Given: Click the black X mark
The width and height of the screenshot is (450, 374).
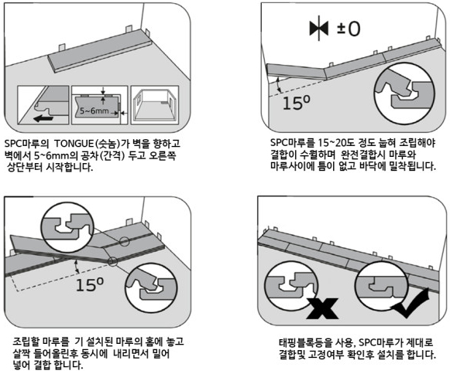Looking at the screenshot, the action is [322, 308].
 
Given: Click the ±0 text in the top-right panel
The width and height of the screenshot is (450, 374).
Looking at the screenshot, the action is [349, 29].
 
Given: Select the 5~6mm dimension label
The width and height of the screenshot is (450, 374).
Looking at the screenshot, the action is [94, 110].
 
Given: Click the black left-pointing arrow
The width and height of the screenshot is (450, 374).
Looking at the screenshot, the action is [43, 118].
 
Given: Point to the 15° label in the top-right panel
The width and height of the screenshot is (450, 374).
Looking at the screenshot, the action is [297, 102].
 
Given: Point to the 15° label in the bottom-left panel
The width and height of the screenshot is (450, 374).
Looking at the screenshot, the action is [89, 284].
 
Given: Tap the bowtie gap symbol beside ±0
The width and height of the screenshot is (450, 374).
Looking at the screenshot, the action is [319, 29].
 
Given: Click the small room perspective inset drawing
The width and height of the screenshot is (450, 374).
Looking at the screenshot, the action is [155, 105].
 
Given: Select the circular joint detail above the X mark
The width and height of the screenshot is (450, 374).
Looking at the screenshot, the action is [291, 287].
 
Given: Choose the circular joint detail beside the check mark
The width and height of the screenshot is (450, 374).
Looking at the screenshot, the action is [383, 287].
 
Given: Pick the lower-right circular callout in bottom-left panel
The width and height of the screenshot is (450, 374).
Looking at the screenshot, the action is [151, 288].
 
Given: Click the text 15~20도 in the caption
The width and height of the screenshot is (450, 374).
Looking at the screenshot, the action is [336, 142].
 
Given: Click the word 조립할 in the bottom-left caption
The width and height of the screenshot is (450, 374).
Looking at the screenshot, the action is [26, 342].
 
